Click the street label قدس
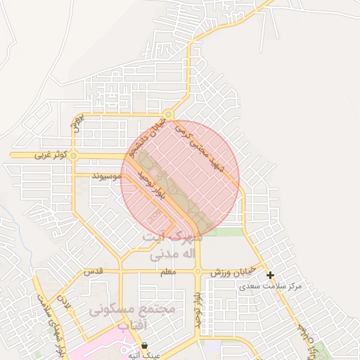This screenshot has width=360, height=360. coord(94,271)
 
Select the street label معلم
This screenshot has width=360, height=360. coord(168,271)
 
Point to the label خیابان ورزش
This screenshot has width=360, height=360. coord(235,272)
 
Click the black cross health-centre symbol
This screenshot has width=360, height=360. coord(270,276)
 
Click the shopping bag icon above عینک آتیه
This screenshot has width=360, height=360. coord(144,346)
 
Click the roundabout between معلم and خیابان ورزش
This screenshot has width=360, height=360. coord(198,271)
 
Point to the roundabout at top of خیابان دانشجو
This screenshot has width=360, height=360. coord(168,115)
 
